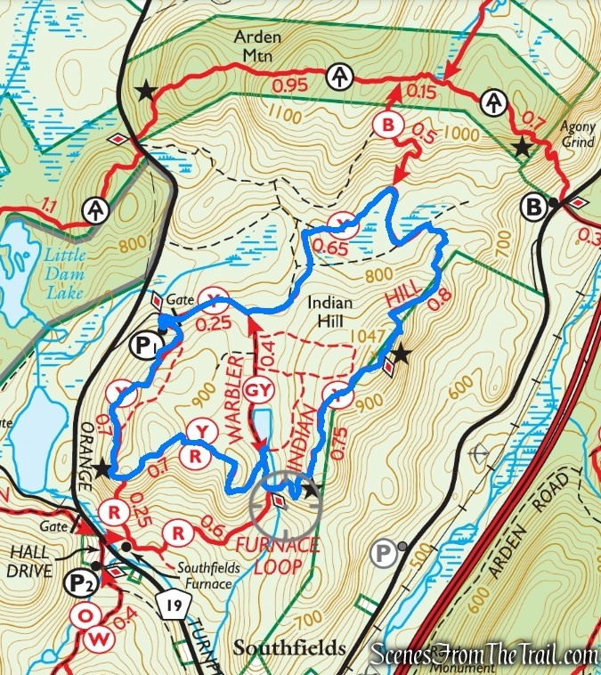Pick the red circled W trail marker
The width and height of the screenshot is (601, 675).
click(102, 638)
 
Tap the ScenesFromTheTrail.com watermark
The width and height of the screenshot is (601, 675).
click(482, 655)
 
